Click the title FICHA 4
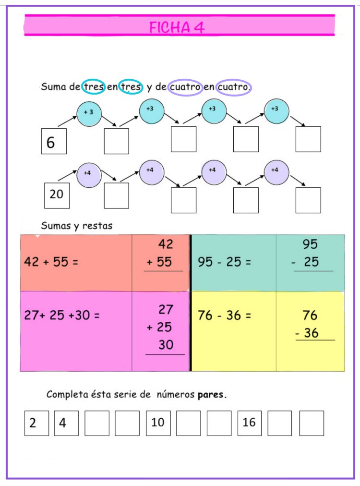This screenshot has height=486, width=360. (x=177, y=27)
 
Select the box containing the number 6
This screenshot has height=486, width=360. (x=54, y=141)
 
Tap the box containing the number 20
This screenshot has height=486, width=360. (x=57, y=195)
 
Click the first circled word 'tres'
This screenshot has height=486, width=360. (x=93, y=87)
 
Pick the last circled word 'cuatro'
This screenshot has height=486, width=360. (x=233, y=87)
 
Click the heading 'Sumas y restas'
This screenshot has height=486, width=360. (x=77, y=225)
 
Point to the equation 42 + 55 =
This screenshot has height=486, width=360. (x=51, y=262)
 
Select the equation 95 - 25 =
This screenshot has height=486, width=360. (x=224, y=262)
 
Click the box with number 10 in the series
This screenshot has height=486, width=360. (x=158, y=423)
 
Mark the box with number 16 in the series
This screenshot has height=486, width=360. (x=250, y=423)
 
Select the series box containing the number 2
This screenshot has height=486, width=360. (x=36, y=423)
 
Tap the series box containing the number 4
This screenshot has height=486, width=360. (x=66, y=423)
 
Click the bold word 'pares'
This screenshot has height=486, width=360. (x=211, y=395)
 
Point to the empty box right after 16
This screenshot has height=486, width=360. (x=280, y=423)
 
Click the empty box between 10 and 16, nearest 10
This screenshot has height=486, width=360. (x=189, y=423)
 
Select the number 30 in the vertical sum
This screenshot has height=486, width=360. (x=166, y=345)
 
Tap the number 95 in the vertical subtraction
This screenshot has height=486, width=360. (x=310, y=244)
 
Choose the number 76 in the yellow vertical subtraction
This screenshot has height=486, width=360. (x=310, y=316)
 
